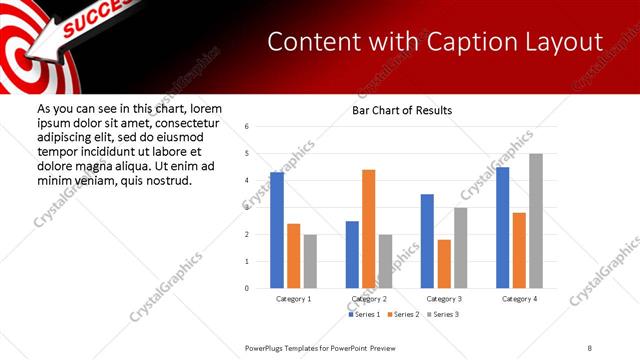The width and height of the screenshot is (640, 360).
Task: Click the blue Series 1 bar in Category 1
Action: click(x=277, y=230)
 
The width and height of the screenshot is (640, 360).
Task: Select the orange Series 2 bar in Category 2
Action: click(x=368, y=229)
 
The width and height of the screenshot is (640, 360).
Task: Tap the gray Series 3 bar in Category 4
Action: click(x=536, y=221)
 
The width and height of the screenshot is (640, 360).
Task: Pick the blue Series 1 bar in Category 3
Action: click(x=427, y=241)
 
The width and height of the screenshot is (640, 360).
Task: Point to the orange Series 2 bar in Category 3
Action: click(x=444, y=264)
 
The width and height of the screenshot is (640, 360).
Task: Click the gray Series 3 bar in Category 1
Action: click(x=310, y=261)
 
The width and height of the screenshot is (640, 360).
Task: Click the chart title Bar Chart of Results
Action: click(x=402, y=110)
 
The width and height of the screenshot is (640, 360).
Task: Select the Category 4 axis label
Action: click(x=519, y=299)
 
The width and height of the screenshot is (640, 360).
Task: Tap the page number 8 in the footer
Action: click(x=591, y=346)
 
